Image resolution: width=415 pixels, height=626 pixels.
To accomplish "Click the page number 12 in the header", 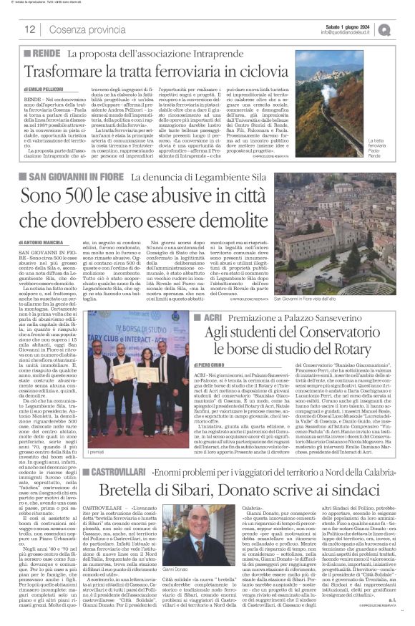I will click(30, 29).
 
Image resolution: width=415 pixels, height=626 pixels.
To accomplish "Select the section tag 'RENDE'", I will click(45, 54).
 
